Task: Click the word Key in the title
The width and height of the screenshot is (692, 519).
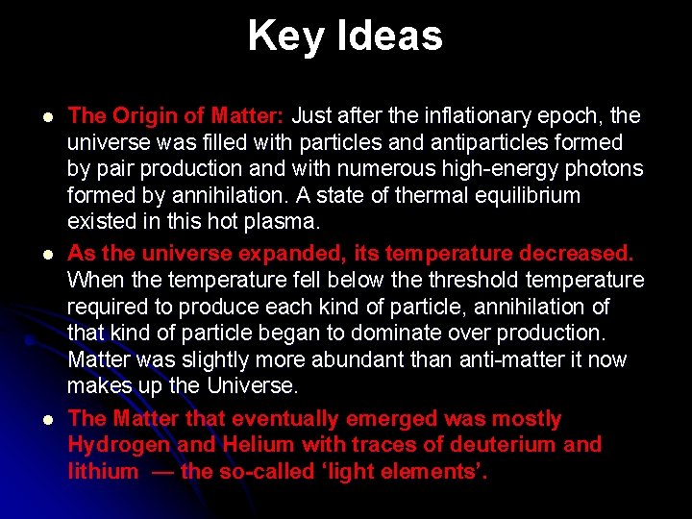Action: tap(280, 37)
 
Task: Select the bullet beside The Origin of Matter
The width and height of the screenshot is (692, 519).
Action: tap(35, 116)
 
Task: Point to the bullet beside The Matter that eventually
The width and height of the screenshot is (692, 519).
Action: tap(35, 420)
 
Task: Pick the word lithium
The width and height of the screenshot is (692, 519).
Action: tap(103, 472)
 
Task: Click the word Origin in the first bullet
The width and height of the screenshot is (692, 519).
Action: tap(145, 116)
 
